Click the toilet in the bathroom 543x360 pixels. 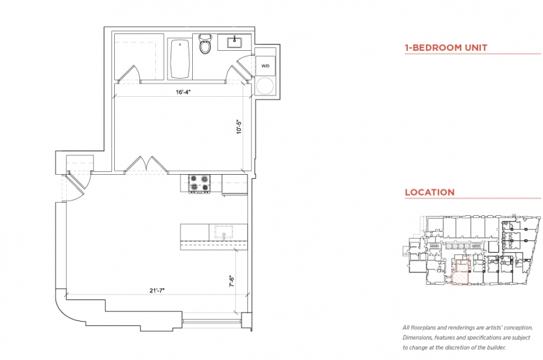click(x=205, y=43)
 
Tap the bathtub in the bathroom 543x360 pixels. click(x=180, y=59)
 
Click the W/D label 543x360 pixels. click(x=265, y=66)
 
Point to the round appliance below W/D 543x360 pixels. click(x=265, y=86)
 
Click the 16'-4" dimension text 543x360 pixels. click(x=183, y=92)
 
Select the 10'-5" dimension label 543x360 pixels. click(x=239, y=127)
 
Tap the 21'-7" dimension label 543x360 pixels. click(x=157, y=290)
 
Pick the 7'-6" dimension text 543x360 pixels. click(x=232, y=281)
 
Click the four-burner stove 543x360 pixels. click(x=199, y=183)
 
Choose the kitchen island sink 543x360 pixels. click(x=223, y=231)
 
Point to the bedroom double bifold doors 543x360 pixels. click(x=145, y=164)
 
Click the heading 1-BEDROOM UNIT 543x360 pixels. click(x=446, y=47)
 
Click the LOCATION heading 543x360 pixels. click(x=430, y=192)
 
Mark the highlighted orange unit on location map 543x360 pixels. click(x=461, y=272)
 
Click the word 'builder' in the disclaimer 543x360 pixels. click(x=496, y=347)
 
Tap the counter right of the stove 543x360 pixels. click(x=235, y=185)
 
